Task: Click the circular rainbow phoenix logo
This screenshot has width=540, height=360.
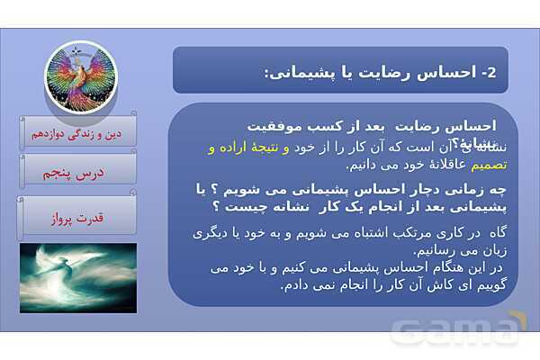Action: (81, 76)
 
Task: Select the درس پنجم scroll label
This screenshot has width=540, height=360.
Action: (77, 172)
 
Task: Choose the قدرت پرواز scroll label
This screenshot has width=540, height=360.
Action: (77, 217)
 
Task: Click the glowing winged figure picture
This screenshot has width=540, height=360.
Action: (78, 277)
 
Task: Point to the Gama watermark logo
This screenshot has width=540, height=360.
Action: (458, 329)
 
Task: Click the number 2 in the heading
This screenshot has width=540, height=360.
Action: (490, 72)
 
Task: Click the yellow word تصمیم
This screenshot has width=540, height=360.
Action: (494, 165)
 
